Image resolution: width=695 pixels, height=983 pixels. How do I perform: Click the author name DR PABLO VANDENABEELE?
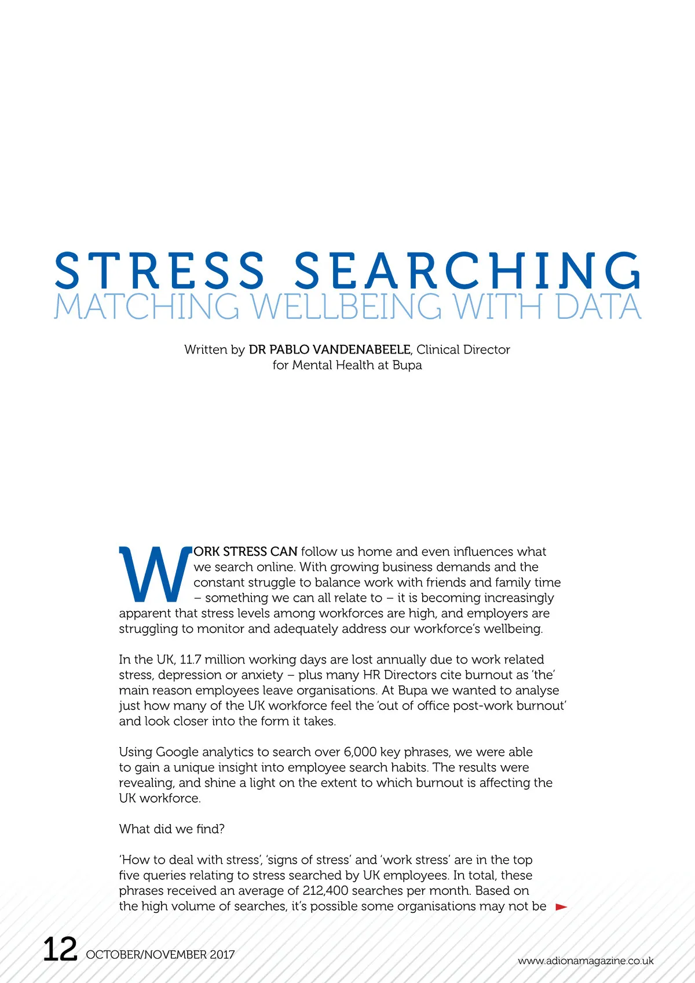tap(330, 349)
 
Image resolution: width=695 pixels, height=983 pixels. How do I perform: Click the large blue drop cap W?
tap(155, 574)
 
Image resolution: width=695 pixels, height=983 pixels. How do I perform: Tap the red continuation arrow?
tap(561, 907)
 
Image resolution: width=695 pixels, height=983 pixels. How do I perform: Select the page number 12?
tap(60, 949)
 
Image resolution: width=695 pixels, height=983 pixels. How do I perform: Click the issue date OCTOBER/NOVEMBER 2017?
tap(160, 955)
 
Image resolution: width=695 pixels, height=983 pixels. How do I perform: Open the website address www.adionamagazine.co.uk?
tap(586, 961)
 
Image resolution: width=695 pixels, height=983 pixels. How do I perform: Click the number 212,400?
tap(325, 891)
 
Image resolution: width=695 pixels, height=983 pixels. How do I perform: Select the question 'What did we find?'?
tap(172, 829)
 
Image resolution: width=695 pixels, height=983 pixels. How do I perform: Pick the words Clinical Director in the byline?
tap(463, 349)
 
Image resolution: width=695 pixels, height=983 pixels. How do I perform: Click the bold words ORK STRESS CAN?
tap(246, 552)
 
